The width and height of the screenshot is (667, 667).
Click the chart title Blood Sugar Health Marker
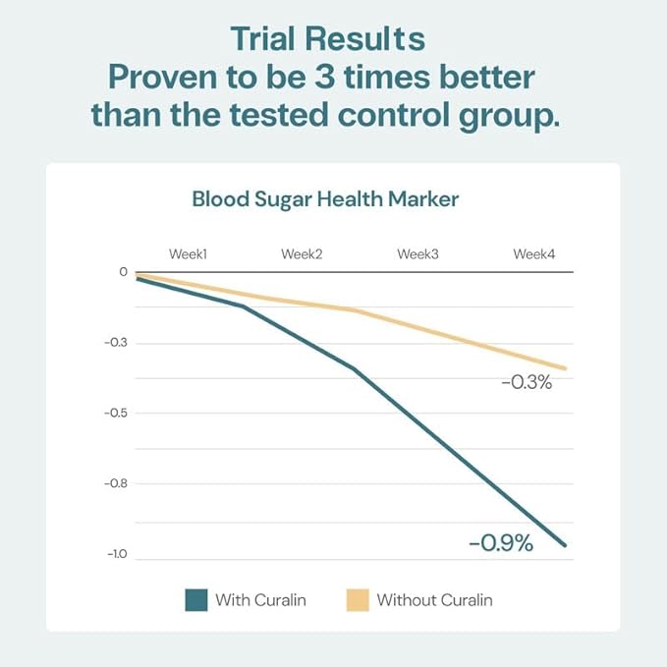(325, 199)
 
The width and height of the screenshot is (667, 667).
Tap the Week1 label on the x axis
(188, 254)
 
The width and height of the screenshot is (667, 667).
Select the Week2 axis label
(302, 254)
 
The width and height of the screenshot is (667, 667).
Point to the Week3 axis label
(417, 254)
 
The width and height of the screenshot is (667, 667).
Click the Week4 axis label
(533, 254)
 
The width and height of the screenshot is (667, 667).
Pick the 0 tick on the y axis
(123, 272)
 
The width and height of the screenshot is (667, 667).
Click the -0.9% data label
(500, 542)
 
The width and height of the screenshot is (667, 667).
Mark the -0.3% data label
(527, 382)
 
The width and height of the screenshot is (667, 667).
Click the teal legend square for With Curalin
(195, 600)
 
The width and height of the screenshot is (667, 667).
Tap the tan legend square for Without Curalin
(358, 600)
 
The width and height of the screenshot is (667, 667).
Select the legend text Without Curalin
(434, 600)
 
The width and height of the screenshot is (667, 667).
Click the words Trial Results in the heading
(327, 38)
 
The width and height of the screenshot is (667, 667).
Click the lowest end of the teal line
(566, 545)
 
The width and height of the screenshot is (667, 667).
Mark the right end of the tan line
(566, 368)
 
